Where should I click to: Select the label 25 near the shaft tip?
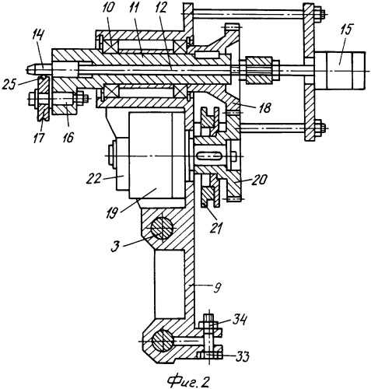[9, 84]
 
